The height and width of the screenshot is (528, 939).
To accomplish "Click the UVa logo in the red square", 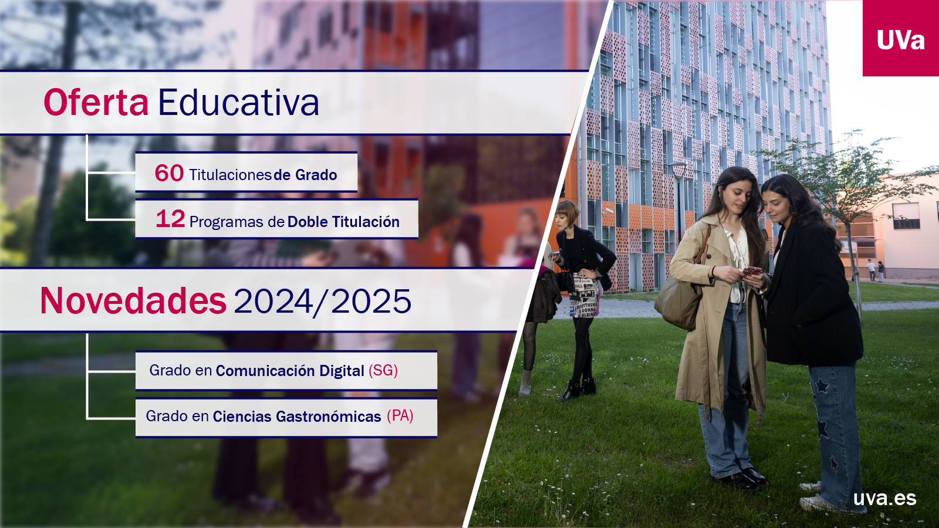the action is pyautogui.click(x=900, y=40).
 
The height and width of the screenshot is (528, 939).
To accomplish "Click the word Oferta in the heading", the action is pyautogui.click(x=96, y=102).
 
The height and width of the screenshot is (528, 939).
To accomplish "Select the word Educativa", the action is pyautogui.click(x=238, y=102).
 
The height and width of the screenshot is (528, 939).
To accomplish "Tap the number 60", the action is pyautogui.click(x=169, y=173).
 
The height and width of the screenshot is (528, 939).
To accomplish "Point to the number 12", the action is pyautogui.click(x=170, y=219).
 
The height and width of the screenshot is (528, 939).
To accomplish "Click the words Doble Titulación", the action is pyautogui.click(x=343, y=222).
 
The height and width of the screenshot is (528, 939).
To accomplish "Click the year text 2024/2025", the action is pyautogui.click(x=322, y=301).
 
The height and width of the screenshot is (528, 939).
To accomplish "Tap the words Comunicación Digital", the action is pyautogui.click(x=290, y=371).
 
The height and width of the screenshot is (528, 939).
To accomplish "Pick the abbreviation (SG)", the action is pyautogui.click(x=383, y=370).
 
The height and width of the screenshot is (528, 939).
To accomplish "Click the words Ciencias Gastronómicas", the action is pyautogui.click(x=297, y=417).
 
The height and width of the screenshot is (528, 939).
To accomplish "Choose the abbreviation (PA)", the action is pyautogui.click(x=400, y=416).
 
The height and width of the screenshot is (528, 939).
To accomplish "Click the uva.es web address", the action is pyautogui.click(x=885, y=498).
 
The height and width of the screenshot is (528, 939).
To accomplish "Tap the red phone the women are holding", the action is pyautogui.click(x=752, y=270).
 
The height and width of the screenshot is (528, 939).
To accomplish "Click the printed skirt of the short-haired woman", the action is pyautogui.click(x=586, y=296).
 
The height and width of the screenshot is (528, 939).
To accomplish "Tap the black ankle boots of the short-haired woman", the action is pyautogui.click(x=578, y=390).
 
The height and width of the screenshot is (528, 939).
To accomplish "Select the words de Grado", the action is pyautogui.click(x=305, y=175).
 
